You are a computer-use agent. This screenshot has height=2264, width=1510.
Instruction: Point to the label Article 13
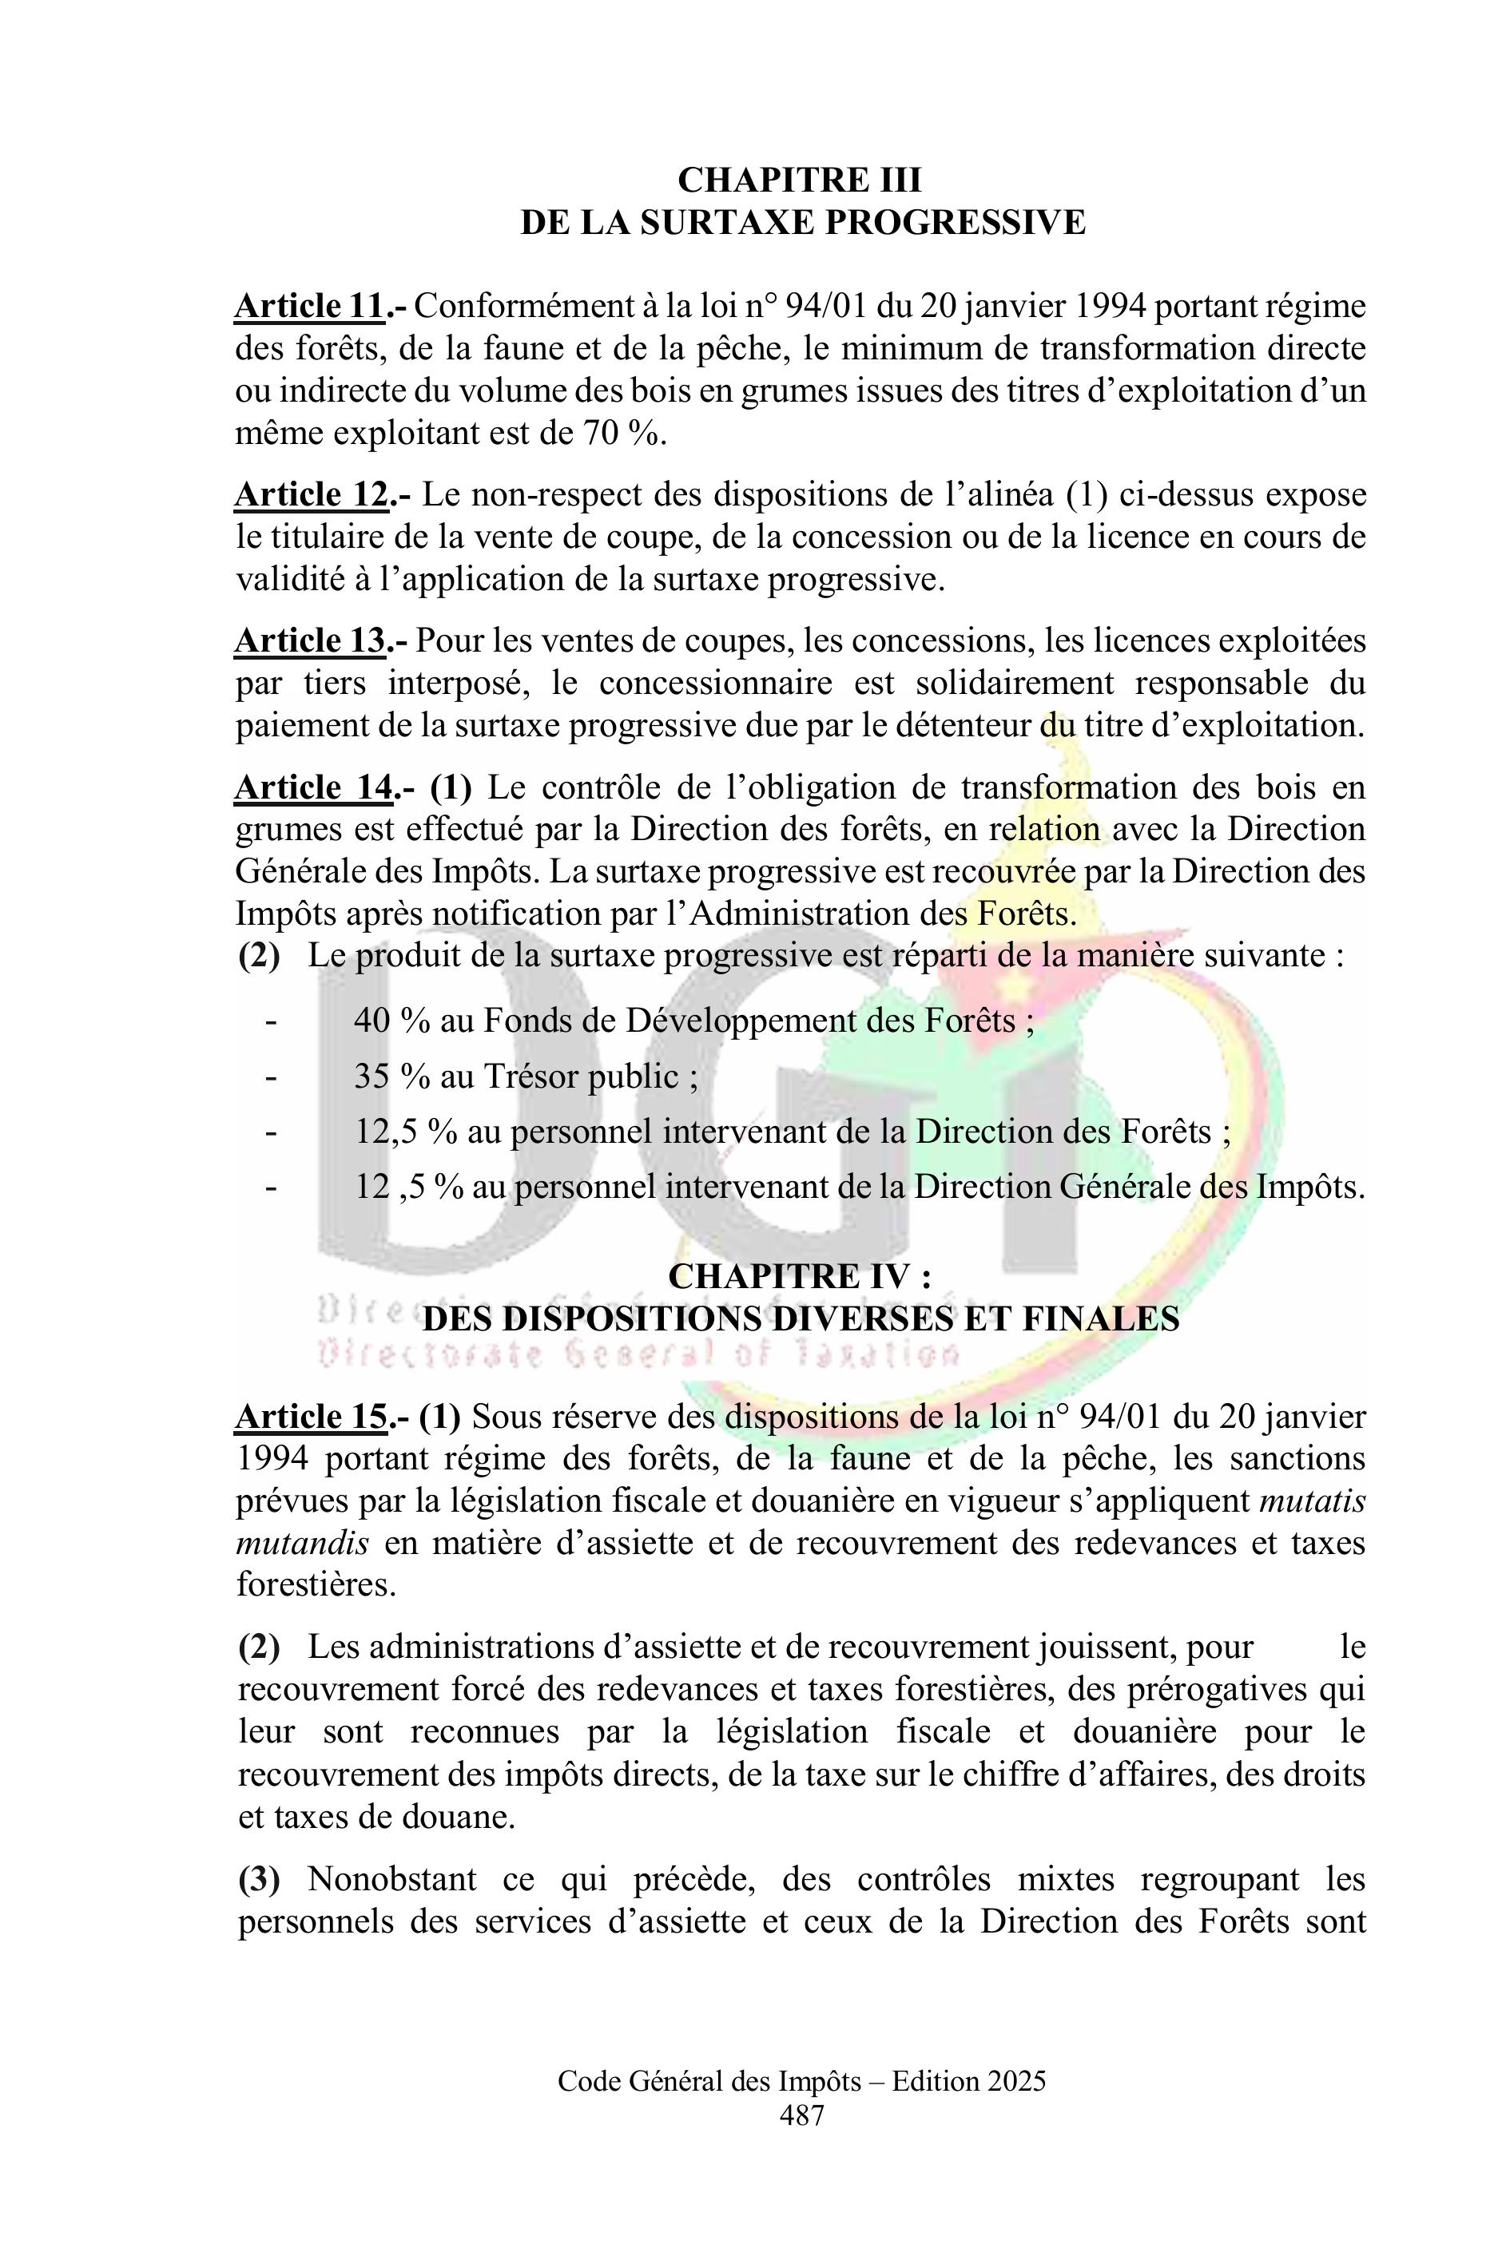[x=310, y=641]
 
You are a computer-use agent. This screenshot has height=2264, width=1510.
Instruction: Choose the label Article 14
[x=313, y=787]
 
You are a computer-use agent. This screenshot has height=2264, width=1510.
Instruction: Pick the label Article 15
[x=311, y=1417]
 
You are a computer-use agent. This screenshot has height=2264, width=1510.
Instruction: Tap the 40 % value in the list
[x=391, y=1021]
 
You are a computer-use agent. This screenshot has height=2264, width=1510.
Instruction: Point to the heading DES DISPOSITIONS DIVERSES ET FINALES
[x=801, y=1318]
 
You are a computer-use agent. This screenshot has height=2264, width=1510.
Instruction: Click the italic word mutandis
[x=301, y=1544]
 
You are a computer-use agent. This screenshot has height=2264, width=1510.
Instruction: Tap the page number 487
[x=801, y=2115]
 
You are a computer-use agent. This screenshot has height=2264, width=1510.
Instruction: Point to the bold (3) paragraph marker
[x=259, y=1879]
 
